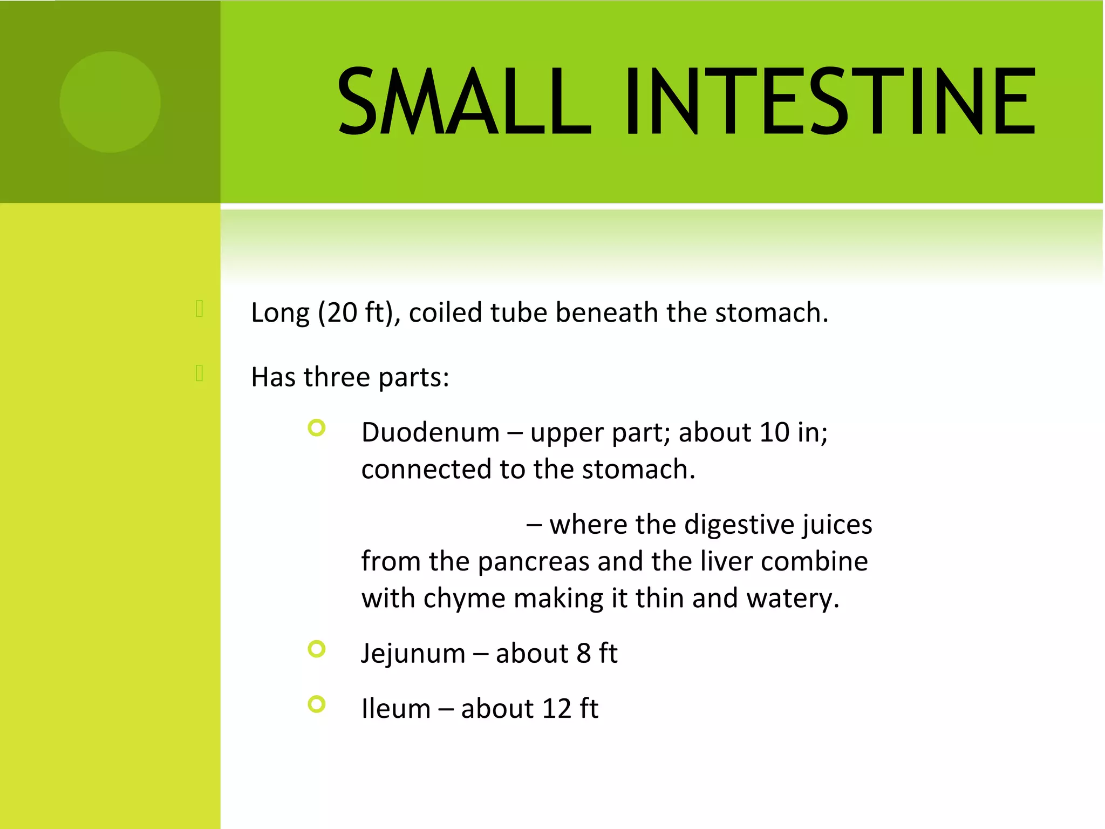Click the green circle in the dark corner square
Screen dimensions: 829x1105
pyautogui.click(x=110, y=102)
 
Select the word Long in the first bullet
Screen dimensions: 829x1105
pyautogui.click(x=280, y=313)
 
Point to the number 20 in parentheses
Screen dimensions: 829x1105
pyautogui.click(x=342, y=313)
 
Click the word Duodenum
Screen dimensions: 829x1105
pyautogui.click(x=431, y=433)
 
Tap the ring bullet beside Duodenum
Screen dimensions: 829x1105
pyautogui.click(x=317, y=428)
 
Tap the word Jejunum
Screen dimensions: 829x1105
pyautogui.click(x=413, y=654)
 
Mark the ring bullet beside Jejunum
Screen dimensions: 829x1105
pyautogui.click(x=317, y=649)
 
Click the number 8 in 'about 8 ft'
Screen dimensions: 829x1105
pyautogui.click(x=583, y=654)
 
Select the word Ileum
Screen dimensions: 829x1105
pyautogui.click(x=395, y=709)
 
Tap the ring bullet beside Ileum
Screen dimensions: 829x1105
pyautogui.click(x=317, y=704)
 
